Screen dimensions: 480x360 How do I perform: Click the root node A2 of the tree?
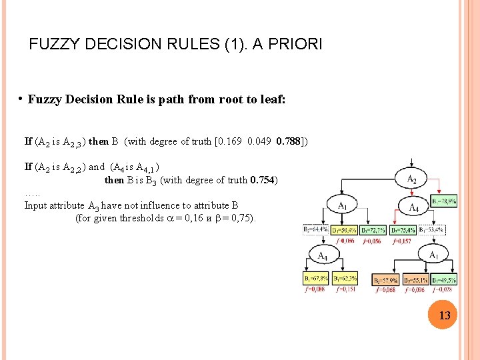point(413,178)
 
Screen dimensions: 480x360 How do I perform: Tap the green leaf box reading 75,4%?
point(403,230)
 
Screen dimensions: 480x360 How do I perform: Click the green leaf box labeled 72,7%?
point(373,230)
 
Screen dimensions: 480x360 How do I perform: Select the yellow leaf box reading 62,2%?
point(345,279)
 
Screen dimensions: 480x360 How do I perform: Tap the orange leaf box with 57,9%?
point(385,280)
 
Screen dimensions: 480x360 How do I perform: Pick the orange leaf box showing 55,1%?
point(415,280)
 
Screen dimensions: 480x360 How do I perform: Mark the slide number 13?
point(444,314)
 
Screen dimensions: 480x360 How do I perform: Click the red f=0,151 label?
point(347,290)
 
